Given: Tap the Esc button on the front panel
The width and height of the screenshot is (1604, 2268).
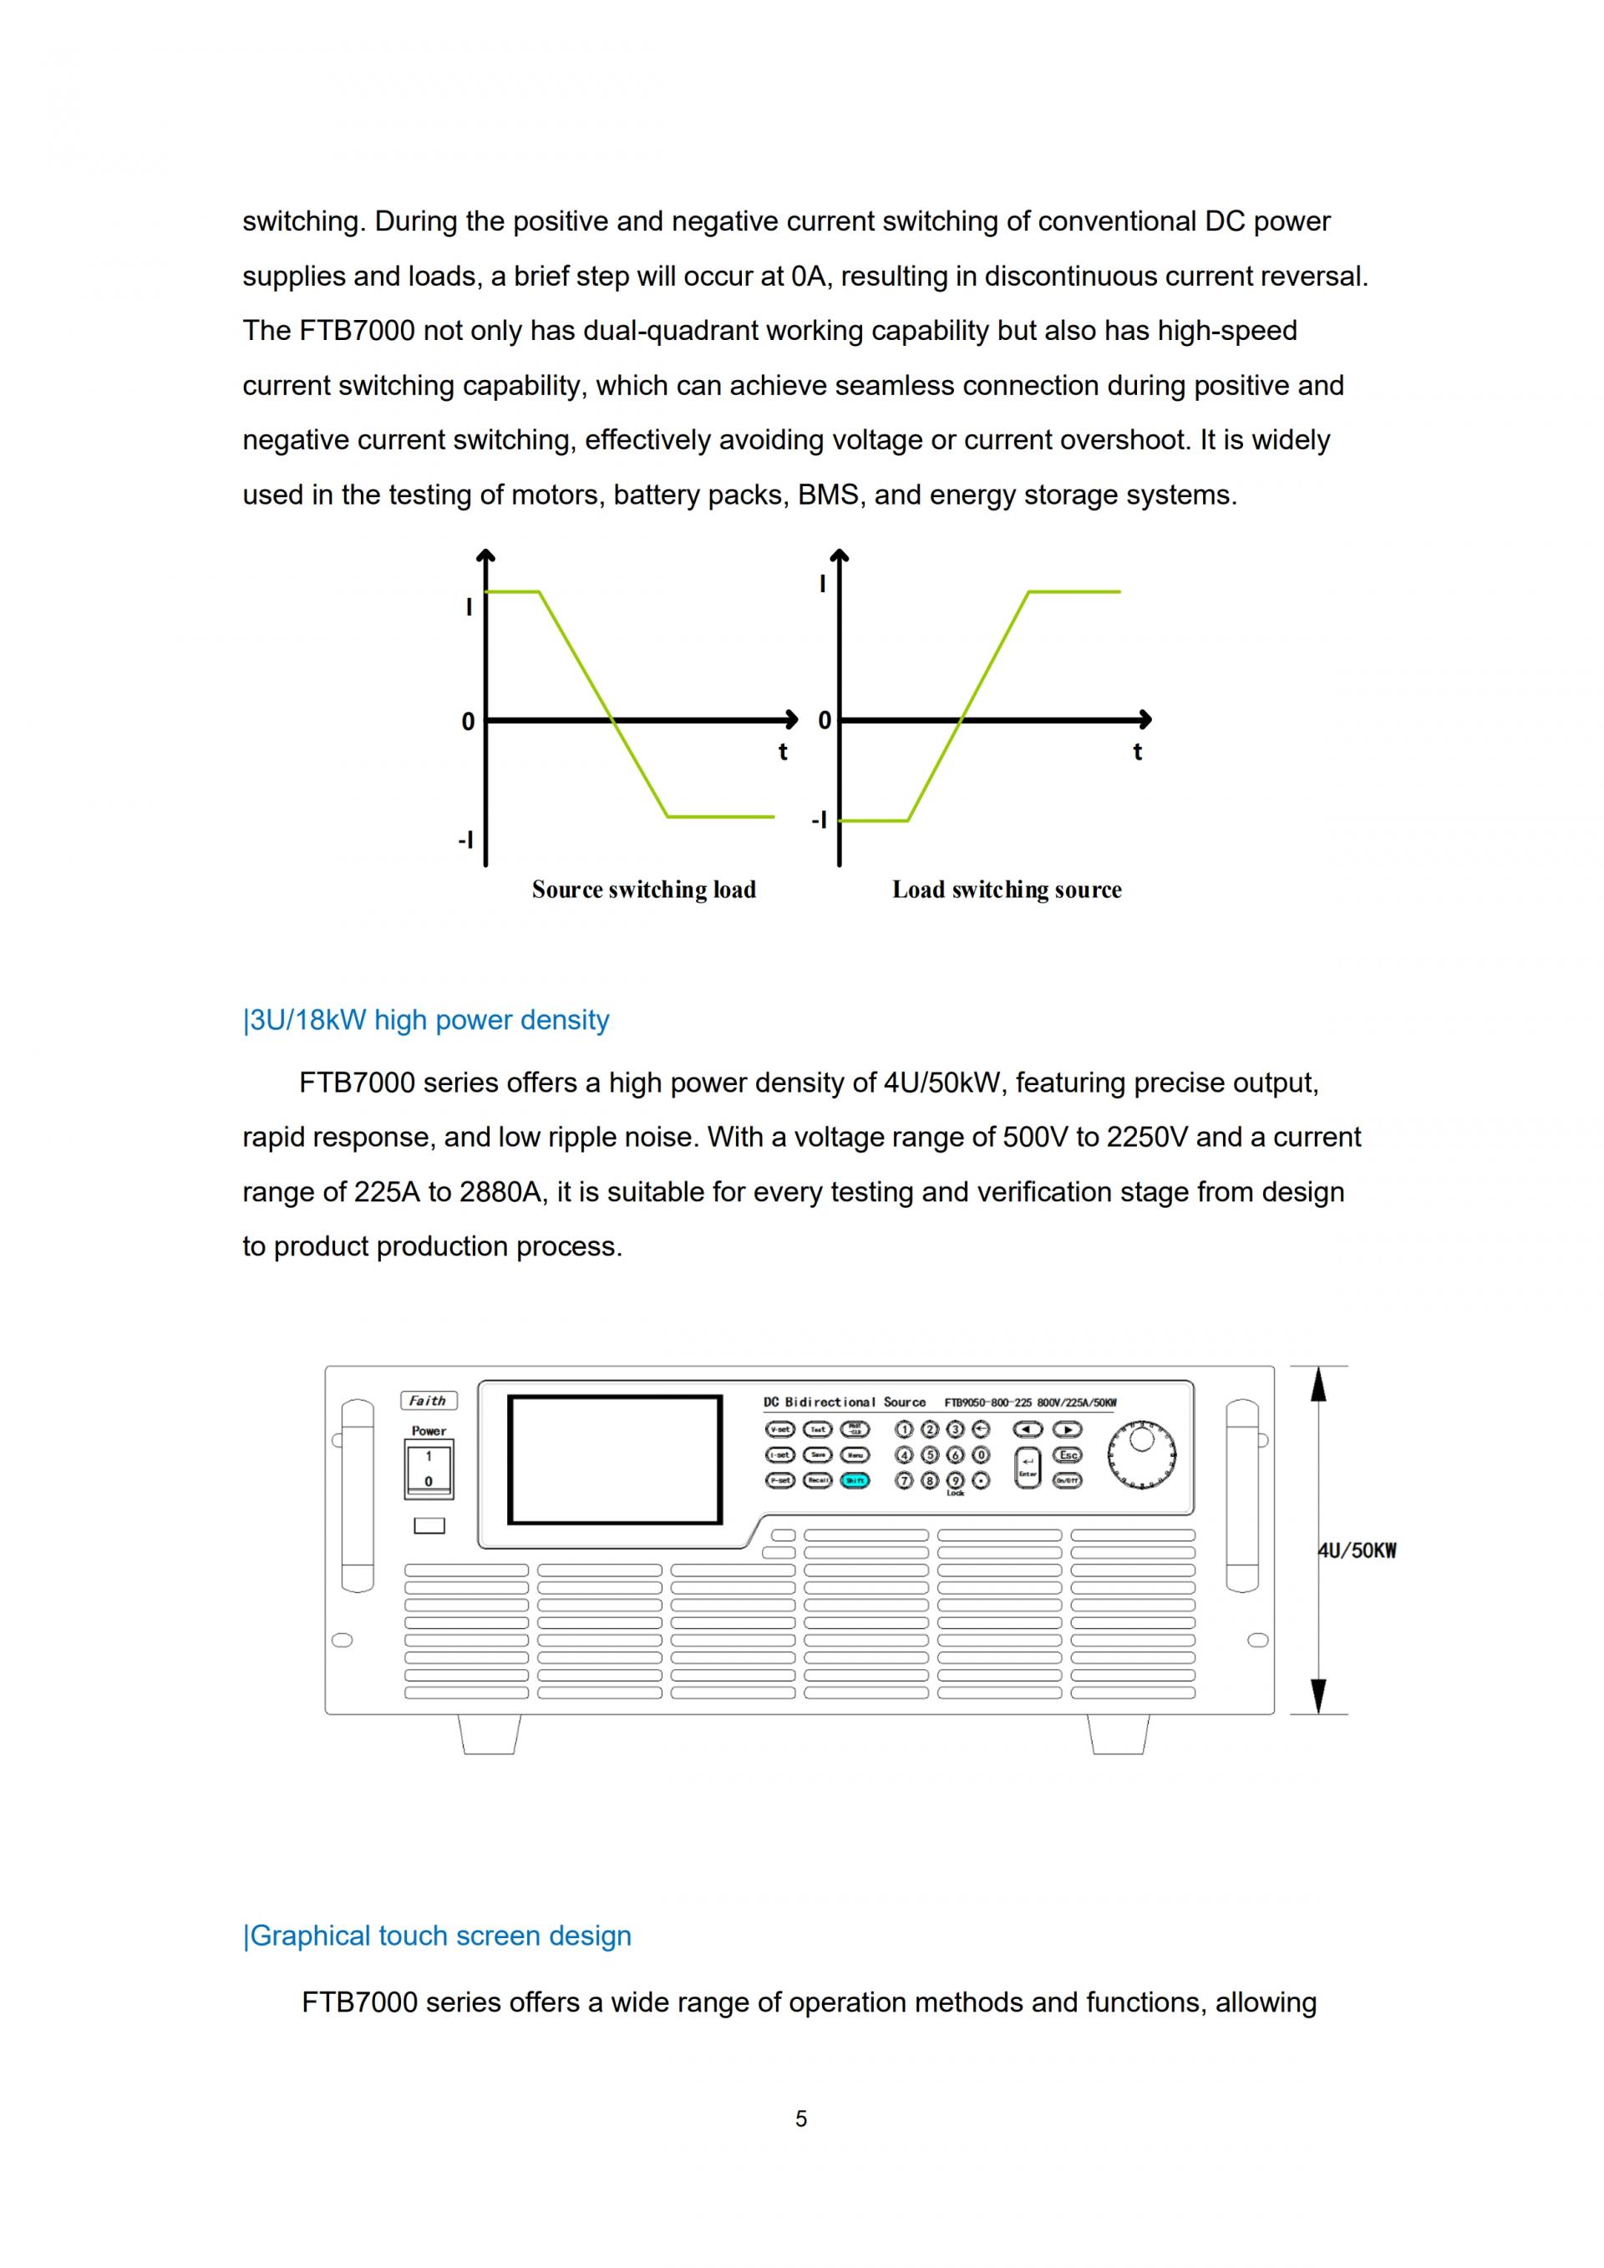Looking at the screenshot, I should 1068,1455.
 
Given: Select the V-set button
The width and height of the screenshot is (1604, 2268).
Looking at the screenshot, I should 779,1429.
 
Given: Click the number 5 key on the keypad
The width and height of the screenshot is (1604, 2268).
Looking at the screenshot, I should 930,1455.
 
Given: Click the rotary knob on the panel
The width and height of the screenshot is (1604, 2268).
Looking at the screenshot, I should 1142,1454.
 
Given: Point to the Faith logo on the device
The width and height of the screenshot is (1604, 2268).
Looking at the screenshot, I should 428,1401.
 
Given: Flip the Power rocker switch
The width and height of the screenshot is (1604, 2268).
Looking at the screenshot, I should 429,1469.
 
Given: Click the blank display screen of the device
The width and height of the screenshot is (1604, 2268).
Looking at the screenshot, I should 614,1460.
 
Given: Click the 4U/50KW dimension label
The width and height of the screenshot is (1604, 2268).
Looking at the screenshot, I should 1357,1551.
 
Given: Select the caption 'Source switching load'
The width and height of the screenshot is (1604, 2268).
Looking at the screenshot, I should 644,890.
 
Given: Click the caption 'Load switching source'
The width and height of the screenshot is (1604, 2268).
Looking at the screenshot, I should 1007,890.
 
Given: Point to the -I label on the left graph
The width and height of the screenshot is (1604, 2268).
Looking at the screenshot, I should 465,840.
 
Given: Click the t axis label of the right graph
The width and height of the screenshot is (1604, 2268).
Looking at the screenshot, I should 1137,753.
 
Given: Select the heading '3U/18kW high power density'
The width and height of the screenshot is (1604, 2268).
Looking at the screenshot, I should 427,1021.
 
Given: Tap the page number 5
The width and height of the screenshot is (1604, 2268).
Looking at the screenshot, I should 801,2118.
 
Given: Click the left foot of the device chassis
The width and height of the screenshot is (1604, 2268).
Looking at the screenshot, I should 489,1734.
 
